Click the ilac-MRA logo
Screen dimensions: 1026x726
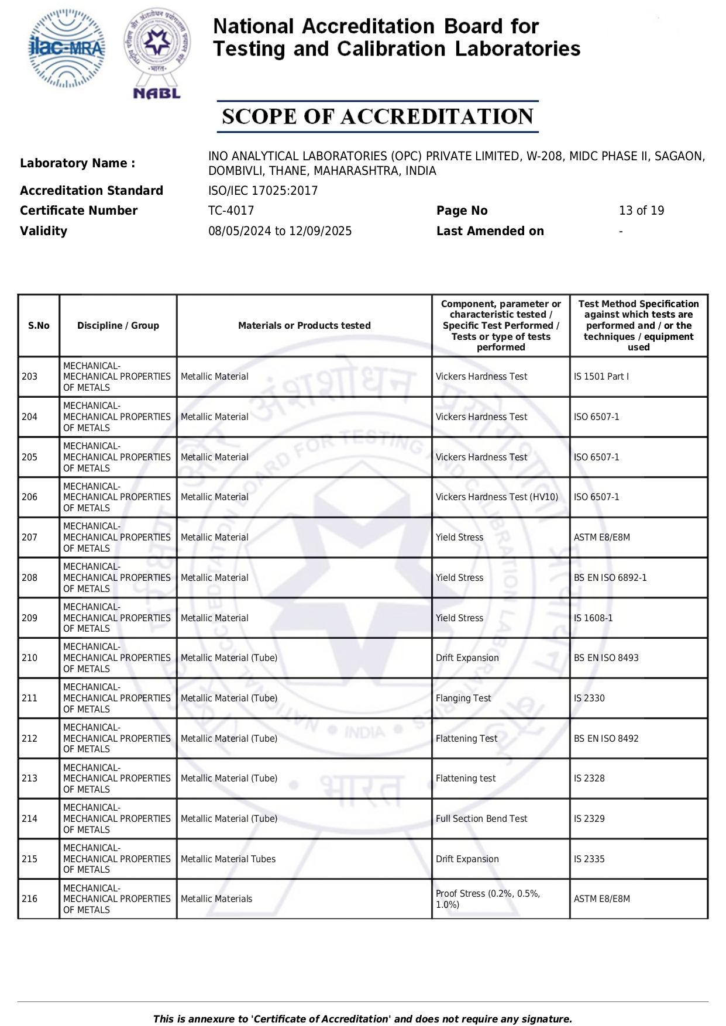coord(67,49)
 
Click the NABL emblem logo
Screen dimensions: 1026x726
coord(157,53)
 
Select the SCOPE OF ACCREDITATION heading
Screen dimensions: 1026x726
coord(377,116)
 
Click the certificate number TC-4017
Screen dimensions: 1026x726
coord(231,211)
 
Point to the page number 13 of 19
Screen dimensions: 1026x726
coord(641,211)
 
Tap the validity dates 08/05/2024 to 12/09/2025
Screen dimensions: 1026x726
coord(280,231)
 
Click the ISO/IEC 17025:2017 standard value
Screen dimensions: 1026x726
coord(263,191)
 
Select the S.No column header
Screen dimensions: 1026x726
coord(39,326)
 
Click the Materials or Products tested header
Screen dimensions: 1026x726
coord(304,326)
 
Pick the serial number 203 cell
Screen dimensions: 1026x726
coord(30,377)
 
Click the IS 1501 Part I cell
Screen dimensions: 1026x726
coord(601,377)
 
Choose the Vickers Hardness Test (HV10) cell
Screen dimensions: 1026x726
coord(497,497)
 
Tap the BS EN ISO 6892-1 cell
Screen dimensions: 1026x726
coord(610,578)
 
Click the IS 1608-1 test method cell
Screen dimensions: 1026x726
coord(593,618)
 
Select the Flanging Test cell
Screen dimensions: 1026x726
coord(463,698)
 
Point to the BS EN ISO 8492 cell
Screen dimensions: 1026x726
coord(606,739)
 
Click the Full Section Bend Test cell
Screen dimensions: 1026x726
coord(481,819)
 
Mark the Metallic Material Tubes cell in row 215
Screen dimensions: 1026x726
coord(228,859)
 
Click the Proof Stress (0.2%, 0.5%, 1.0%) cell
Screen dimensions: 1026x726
coord(488,899)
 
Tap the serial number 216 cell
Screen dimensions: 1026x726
coord(30,899)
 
